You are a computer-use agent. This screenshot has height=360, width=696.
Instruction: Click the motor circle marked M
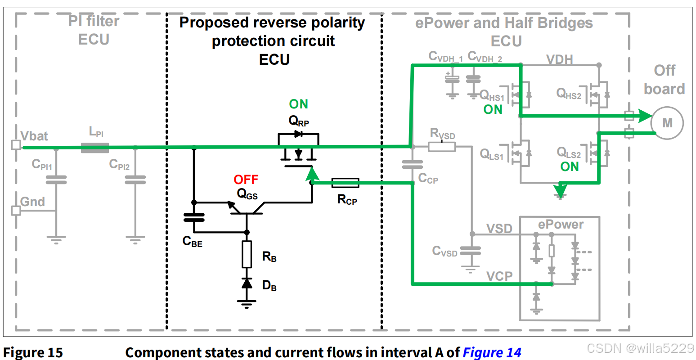pyautogui.click(x=667, y=123)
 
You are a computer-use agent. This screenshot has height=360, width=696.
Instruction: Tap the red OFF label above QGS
pyautogui.click(x=246, y=180)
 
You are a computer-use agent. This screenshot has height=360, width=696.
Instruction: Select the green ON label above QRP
pyautogui.click(x=298, y=104)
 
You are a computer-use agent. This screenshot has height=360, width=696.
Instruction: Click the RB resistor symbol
pyautogui.click(x=247, y=254)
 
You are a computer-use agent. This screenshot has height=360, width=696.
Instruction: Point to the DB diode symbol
pyautogui.click(x=247, y=283)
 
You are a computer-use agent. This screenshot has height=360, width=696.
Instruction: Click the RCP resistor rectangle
pyautogui.click(x=345, y=183)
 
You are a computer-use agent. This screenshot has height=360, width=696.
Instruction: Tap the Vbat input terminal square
pyautogui.click(x=16, y=145)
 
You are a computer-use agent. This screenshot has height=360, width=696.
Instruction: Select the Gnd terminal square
pyautogui.click(x=16, y=211)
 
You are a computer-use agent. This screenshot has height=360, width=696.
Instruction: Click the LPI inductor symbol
pyautogui.click(x=95, y=148)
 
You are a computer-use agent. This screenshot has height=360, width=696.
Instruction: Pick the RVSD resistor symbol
pyautogui.click(x=442, y=146)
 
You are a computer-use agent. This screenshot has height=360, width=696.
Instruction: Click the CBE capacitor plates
pyautogui.click(x=194, y=217)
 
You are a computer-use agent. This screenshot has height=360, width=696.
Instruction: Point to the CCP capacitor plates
pyautogui.click(x=412, y=164)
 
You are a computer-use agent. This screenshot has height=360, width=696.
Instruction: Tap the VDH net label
pyautogui.click(x=560, y=59)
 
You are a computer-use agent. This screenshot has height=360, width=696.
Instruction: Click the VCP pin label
pyautogui.click(x=499, y=276)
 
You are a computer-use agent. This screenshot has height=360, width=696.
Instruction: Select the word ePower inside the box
pyautogui.click(x=561, y=225)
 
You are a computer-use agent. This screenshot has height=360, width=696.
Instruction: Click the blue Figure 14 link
pyautogui.click(x=492, y=352)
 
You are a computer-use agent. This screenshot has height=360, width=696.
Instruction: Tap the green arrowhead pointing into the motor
pyautogui.click(x=645, y=116)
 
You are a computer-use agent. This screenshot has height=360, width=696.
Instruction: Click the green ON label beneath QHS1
pyautogui.click(x=493, y=109)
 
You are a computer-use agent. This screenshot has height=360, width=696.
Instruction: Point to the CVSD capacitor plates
pyautogui.click(x=471, y=251)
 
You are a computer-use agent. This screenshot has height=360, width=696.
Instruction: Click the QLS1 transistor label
pyautogui.click(x=491, y=154)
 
